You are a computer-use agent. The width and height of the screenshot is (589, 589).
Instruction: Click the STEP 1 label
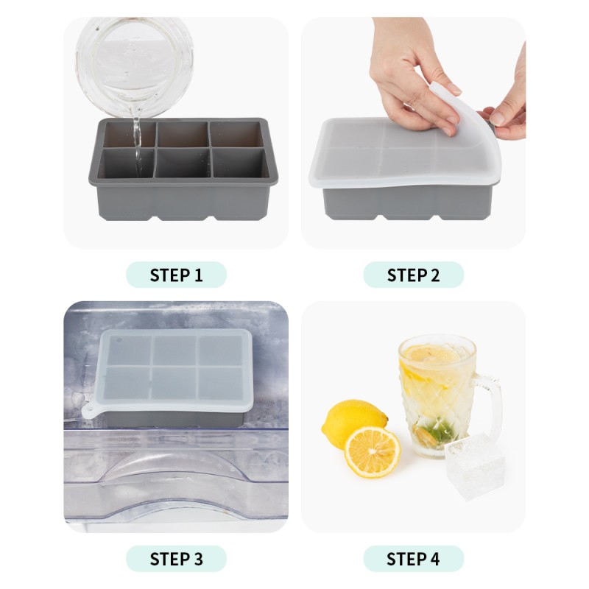(176, 275)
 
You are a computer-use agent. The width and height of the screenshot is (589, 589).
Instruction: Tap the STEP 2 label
(413, 275)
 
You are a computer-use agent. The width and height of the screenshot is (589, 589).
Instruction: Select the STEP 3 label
(176, 559)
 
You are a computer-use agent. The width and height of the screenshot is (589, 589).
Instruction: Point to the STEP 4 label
(413, 559)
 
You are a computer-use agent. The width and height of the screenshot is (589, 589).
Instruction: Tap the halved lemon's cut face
(373, 451)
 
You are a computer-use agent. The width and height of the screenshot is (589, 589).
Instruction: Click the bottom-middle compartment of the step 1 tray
(182, 163)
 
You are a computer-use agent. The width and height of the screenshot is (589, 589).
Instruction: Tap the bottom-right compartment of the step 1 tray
(238, 163)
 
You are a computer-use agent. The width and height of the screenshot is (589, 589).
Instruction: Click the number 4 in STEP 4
(434, 559)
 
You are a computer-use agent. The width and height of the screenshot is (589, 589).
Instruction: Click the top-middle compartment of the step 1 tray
(182, 134)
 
